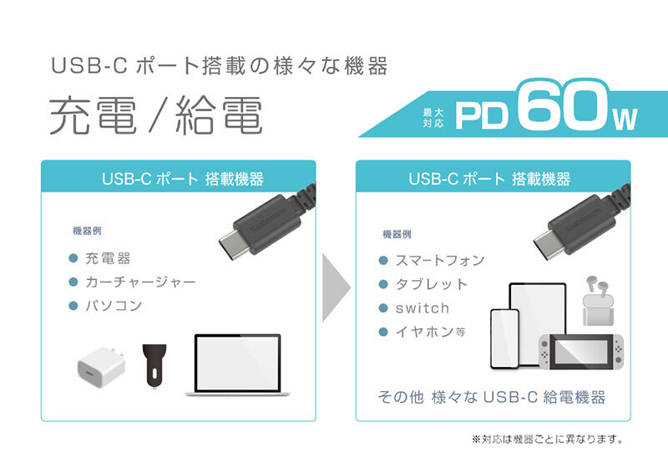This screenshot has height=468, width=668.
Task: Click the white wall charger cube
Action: pyautogui.click(x=101, y=367)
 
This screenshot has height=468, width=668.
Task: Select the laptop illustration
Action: pyautogui.click(x=237, y=365)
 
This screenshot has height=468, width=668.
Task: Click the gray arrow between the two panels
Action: pyautogui.click(x=337, y=287)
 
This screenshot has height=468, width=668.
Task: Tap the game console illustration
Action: pyautogui.click(x=581, y=352)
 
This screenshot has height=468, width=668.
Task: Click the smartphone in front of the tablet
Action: pyautogui.click(x=505, y=338)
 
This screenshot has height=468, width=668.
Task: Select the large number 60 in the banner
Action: pyautogui.click(x=564, y=105)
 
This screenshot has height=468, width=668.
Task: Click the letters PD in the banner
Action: pyautogui.click(x=482, y=115)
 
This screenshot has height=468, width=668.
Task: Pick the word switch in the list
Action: pyautogui.click(x=423, y=308)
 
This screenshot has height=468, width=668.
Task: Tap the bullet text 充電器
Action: pyautogui.click(x=108, y=258)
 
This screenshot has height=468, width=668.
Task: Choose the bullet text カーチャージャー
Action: pyautogui.click(x=140, y=282)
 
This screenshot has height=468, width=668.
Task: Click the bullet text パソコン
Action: pyautogui.click(x=114, y=306)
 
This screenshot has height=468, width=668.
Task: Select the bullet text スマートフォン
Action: pyautogui.click(x=440, y=261)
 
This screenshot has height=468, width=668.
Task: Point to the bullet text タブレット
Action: pyautogui.click(x=432, y=284)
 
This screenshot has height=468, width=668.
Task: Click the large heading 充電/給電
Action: pyautogui.click(x=156, y=115)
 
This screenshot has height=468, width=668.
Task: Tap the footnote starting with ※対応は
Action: pyautogui.click(x=548, y=439)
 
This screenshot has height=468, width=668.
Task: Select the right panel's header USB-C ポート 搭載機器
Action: pyautogui.click(x=489, y=179)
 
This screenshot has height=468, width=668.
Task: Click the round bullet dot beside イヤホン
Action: pyautogui.click(x=383, y=332)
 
